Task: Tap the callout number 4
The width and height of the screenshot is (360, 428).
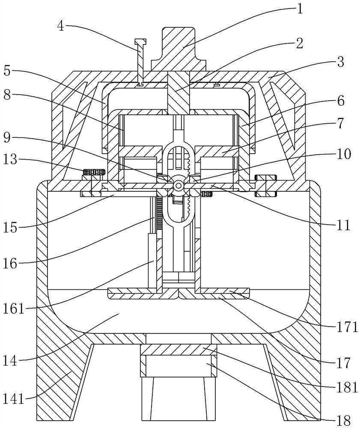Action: pos(61,26)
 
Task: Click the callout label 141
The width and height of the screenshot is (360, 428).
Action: pos(14,399)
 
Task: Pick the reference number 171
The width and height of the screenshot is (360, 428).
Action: pos(347,327)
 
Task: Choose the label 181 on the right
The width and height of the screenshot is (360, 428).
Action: pos(347,387)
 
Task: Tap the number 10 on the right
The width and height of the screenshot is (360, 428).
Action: pos(344,154)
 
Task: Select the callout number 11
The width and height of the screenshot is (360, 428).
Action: pos(343,225)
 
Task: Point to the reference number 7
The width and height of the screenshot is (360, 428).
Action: pos(340,123)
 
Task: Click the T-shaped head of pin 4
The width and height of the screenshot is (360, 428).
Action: pos(140,42)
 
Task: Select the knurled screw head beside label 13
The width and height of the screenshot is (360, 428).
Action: pos(94,172)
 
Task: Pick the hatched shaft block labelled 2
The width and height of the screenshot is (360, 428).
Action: pos(179,93)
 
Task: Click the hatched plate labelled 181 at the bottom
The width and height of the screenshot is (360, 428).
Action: pos(179,350)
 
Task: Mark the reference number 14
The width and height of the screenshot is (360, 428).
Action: pos(10,361)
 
